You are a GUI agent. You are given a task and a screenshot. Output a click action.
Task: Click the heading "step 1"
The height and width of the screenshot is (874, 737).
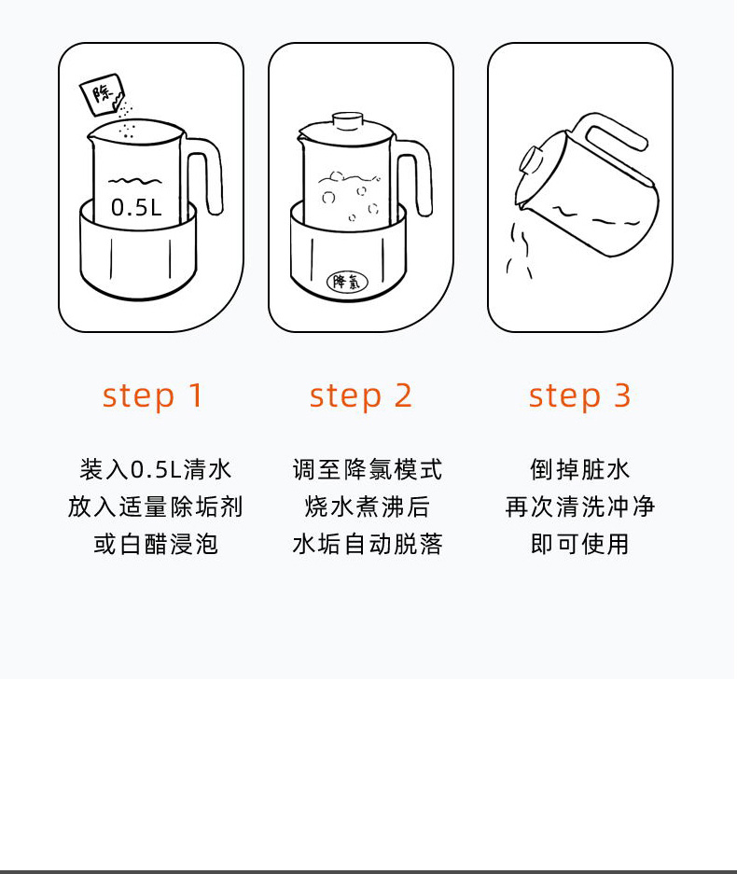pyautogui.click(x=152, y=395)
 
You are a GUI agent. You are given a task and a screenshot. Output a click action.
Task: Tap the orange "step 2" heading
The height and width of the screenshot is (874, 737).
pyautogui.click(x=360, y=395)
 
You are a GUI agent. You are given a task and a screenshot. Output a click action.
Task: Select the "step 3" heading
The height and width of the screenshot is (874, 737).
pyautogui.click(x=579, y=395)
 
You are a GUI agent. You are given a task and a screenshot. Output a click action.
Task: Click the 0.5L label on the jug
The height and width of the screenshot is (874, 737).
pyautogui.click(x=136, y=207)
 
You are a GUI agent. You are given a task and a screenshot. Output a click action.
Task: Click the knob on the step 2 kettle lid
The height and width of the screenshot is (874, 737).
pyautogui.click(x=347, y=120)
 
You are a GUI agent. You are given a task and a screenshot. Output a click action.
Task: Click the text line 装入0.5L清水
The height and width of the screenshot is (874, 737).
pyautogui.click(x=155, y=469)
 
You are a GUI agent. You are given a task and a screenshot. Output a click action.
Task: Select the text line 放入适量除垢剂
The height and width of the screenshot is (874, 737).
pyautogui.click(x=155, y=506)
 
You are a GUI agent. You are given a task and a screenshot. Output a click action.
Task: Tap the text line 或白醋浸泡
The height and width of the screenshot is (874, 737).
pyautogui.click(x=155, y=544)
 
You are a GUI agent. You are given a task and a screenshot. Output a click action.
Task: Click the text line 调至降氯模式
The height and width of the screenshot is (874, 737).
pyautogui.click(x=367, y=469)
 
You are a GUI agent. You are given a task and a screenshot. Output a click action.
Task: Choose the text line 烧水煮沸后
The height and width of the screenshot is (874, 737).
pyautogui.click(x=367, y=506)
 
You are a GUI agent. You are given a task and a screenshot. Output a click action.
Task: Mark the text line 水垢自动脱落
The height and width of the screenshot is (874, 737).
pyautogui.click(x=367, y=544)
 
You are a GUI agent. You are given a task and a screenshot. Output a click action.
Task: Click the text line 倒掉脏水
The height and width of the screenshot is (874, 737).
pyautogui.click(x=579, y=469)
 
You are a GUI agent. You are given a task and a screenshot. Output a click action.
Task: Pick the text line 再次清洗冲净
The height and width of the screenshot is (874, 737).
pyautogui.click(x=579, y=506)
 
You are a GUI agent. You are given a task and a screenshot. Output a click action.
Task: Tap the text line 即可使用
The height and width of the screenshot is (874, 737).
pyautogui.click(x=579, y=544)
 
